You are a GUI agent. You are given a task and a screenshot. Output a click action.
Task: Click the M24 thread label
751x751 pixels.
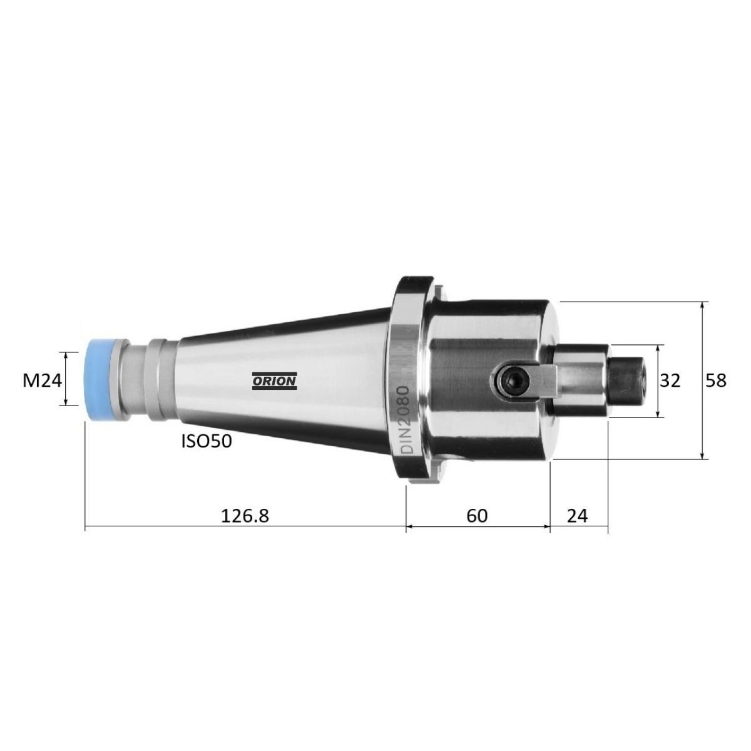(42, 381)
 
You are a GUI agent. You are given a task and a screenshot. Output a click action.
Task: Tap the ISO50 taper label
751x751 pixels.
(207, 441)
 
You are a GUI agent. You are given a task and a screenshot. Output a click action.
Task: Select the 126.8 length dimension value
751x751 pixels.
(245, 516)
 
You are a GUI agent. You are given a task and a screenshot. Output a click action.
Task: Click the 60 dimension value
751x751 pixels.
(477, 516)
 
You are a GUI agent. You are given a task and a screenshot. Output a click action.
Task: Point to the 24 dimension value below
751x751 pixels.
(577, 516)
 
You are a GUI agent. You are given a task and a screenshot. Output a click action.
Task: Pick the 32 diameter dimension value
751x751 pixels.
(670, 381)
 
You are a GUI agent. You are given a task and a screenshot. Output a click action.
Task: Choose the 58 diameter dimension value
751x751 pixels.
(717, 381)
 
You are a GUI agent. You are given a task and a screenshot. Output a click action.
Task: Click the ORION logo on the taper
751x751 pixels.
(274, 381)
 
